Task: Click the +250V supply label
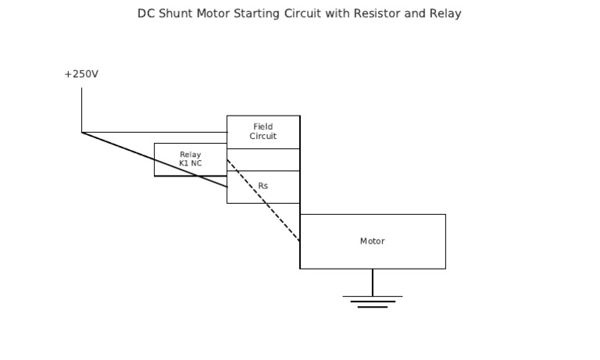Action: click(81, 74)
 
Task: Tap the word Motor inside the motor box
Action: click(372, 241)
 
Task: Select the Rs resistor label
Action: click(263, 187)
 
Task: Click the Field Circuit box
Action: click(263, 132)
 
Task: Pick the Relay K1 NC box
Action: click(190, 159)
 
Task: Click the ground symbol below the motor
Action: click(373, 301)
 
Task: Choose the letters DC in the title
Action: click(146, 14)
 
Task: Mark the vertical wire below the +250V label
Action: click(81, 109)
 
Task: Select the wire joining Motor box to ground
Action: click(373, 282)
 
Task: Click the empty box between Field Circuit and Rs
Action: click(263, 159)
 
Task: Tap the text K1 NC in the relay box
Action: click(190, 164)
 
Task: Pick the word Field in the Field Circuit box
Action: click(263, 127)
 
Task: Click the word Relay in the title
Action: click(445, 14)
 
